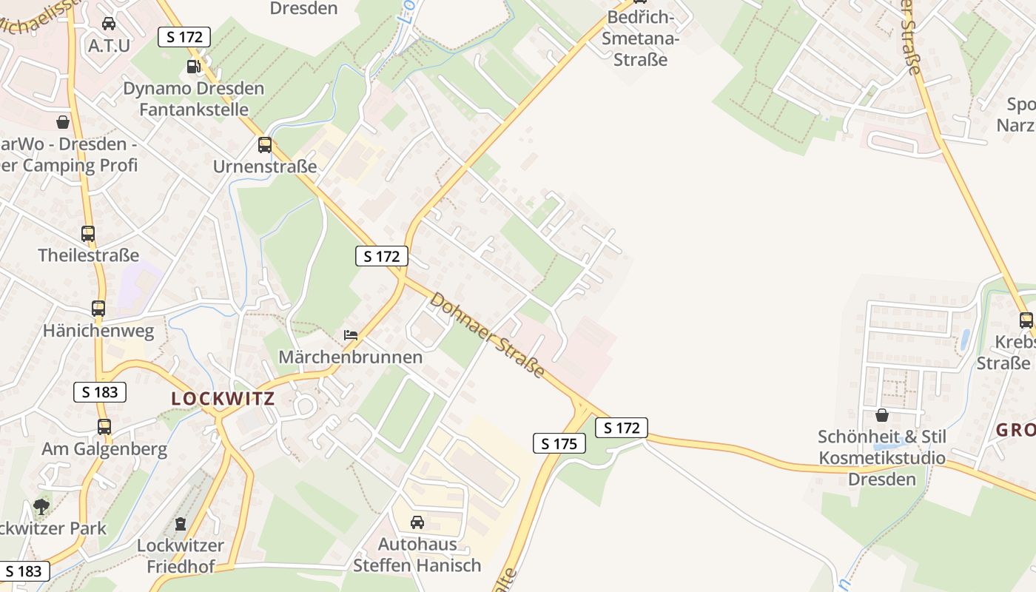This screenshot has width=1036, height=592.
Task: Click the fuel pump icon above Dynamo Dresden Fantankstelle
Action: point(194,67)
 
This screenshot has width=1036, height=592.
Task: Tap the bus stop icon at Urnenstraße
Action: point(265,145)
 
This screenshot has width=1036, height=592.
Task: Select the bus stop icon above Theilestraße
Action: point(88,234)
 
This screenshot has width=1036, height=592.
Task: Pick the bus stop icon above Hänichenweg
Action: point(98,309)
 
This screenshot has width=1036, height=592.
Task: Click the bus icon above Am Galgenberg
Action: point(104,427)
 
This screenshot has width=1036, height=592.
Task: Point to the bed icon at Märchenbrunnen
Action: point(351,335)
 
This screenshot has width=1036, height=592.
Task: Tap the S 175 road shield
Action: point(559,443)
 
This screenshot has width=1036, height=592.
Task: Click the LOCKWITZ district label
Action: point(223,398)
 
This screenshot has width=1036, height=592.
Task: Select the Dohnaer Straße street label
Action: point(488,334)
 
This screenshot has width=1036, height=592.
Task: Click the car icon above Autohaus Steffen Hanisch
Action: point(417,522)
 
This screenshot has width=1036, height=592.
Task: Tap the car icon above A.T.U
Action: point(109,24)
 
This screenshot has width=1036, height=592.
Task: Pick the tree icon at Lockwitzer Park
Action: point(41,507)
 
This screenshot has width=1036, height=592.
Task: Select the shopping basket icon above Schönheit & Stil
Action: point(881,415)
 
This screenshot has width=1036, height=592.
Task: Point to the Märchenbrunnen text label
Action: point(350,357)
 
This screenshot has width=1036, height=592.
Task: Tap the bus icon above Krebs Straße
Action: point(1026,320)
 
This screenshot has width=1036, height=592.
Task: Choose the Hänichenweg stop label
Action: point(98,330)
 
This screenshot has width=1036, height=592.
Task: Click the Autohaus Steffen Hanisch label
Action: point(417,555)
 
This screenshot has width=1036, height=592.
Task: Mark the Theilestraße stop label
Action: point(89,255)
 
